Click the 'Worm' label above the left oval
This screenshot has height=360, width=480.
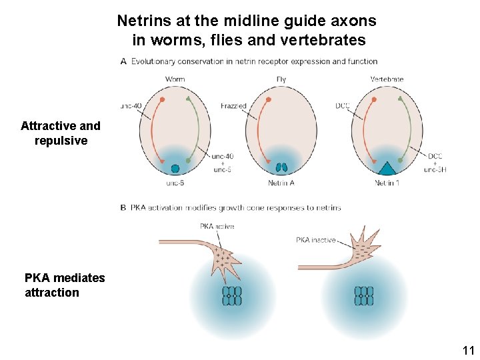(175, 79)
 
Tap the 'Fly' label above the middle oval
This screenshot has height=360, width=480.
(281, 79)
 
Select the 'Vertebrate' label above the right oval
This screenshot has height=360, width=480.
(387, 79)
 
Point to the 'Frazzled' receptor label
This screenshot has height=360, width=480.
(233, 106)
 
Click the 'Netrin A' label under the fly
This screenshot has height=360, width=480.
(281, 183)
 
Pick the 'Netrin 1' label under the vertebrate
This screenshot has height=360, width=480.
(387, 183)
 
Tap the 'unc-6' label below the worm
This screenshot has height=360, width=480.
(175, 183)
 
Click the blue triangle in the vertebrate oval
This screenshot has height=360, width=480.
(387, 167)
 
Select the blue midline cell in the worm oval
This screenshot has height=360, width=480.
(175, 169)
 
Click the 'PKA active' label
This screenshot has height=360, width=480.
(217, 227)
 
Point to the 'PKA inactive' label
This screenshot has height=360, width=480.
(316, 239)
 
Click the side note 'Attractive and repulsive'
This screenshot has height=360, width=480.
(61, 133)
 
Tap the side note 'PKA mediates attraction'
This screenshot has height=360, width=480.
(64, 285)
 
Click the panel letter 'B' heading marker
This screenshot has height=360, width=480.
(123, 207)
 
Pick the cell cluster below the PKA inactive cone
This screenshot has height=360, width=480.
(364, 296)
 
